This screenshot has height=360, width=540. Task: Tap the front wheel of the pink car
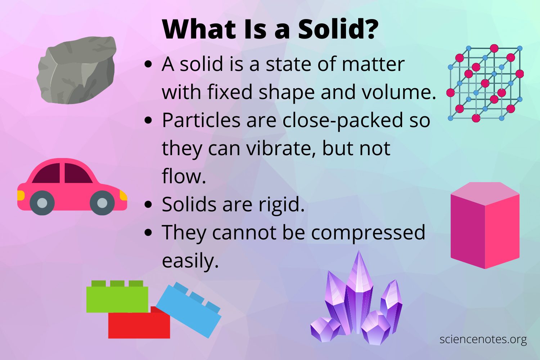(x=102, y=203)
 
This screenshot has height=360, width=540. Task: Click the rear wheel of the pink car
(x=42, y=203)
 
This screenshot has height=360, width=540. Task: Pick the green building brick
(x=117, y=296)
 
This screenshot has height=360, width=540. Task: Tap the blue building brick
(x=189, y=310)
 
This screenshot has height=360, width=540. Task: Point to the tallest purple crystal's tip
(x=359, y=251)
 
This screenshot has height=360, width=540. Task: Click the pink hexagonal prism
(x=485, y=225)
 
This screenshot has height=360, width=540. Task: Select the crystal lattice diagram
(x=485, y=84)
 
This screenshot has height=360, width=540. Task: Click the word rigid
(x=281, y=205)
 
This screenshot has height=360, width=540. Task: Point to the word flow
(x=184, y=176)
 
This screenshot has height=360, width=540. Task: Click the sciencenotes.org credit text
(x=483, y=340)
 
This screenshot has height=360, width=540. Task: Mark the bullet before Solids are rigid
(x=148, y=204)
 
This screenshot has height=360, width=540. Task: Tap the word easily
(x=190, y=261)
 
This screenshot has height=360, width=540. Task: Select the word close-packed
(x=343, y=120)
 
